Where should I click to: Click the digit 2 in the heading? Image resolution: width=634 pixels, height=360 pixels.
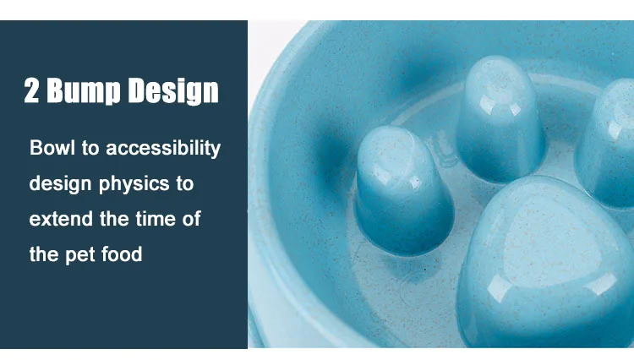click(x=32, y=90)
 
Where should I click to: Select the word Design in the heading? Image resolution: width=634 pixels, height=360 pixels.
click(x=174, y=91)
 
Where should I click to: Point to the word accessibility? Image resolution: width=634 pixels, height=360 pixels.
click(x=163, y=149)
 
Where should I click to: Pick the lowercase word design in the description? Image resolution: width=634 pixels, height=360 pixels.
click(x=60, y=184)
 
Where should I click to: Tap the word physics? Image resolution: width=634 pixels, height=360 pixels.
click(x=134, y=184)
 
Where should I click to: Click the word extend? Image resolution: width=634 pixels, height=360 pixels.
click(x=61, y=219)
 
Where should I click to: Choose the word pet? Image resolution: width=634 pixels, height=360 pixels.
click(x=79, y=255)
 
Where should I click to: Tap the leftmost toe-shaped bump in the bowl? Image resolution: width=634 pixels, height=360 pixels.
click(x=403, y=190)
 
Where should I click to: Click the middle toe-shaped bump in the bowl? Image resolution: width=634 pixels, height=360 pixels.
click(x=501, y=118)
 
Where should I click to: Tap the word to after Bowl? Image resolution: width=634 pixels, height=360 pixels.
click(x=90, y=148)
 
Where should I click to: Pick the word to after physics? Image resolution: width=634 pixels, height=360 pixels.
click(x=185, y=184)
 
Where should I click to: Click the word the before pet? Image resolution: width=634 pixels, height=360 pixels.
click(x=44, y=254)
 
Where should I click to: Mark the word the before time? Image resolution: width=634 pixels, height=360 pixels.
click(x=114, y=219)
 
